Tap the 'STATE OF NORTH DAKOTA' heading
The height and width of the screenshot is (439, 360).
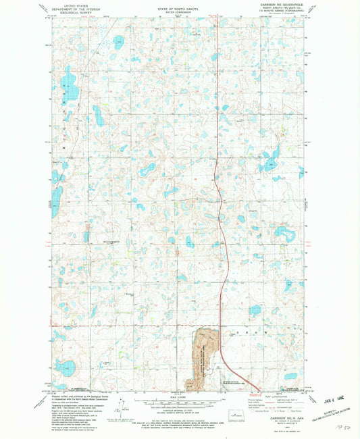coord(179,4)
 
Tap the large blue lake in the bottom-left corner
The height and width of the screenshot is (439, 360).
coord(66,368)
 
